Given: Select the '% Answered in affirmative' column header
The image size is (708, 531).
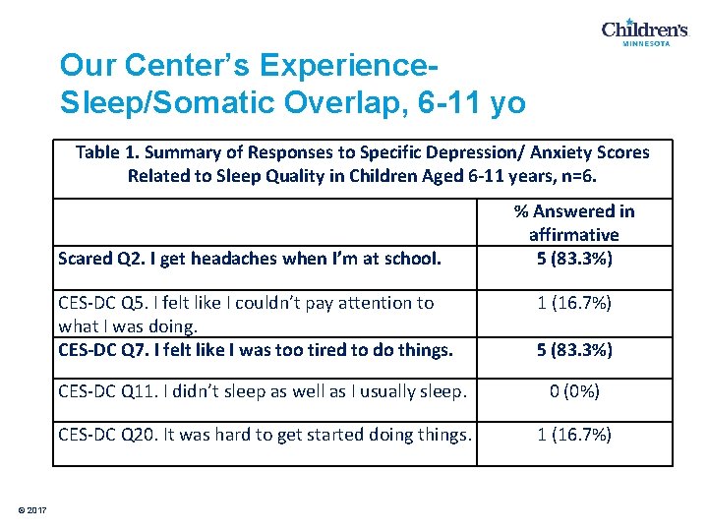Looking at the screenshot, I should (x=573, y=222).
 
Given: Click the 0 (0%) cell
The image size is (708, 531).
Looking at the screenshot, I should (x=573, y=391).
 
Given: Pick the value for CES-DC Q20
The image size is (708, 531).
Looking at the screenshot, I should (x=573, y=434).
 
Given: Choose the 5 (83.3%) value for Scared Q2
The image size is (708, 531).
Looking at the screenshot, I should (x=573, y=259).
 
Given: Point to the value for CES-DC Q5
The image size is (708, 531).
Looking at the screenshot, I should (x=573, y=303).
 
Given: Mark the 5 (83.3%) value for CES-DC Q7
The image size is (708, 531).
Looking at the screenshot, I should (x=573, y=349).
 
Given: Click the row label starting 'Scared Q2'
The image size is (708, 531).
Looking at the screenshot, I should (x=249, y=260).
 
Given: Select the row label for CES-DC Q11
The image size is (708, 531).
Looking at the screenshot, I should (x=263, y=391).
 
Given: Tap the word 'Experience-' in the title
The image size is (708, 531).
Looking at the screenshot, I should (x=347, y=65).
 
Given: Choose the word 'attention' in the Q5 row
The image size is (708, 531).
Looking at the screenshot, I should (x=375, y=303).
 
